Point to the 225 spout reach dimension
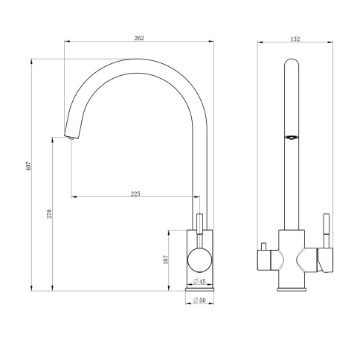pos(135,193)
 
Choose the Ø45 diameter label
pos(199,281)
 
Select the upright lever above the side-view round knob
pos(199,223)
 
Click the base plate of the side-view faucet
pos(199,287)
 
